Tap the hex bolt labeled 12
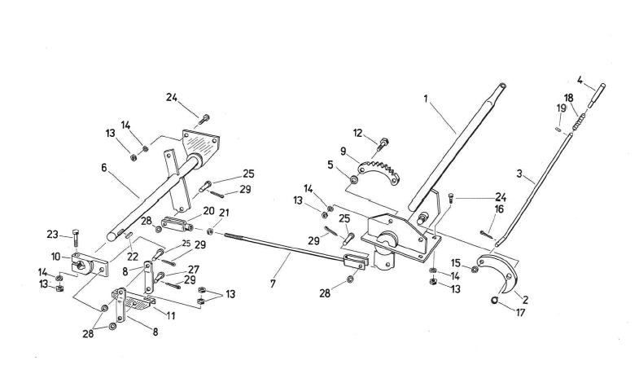click(380, 146)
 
